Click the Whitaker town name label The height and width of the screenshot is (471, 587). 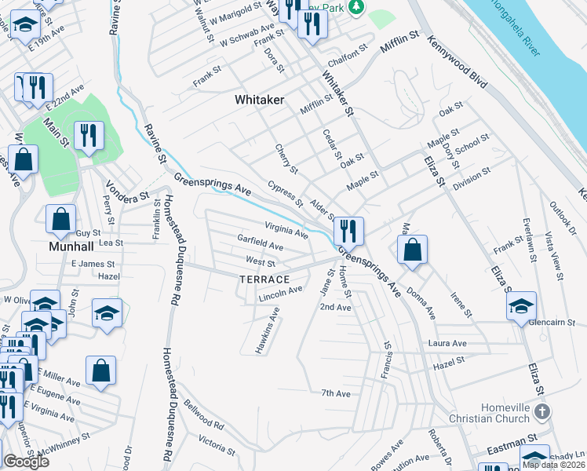pyautogui.click(x=260, y=100)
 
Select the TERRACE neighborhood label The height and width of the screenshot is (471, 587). pyautogui.click(x=264, y=279)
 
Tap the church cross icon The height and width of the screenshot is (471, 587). pyautogui.click(x=541, y=412)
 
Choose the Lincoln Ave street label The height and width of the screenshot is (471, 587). pyautogui.click(x=281, y=292)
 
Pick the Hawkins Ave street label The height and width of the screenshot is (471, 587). pyautogui.click(x=267, y=330)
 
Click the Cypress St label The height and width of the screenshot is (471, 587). pyautogui.click(x=286, y=193)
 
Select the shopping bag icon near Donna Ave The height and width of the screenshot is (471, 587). pyautogui.click(x=412, y=250)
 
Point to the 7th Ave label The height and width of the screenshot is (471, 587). pyautogui.click(x=335, y=393)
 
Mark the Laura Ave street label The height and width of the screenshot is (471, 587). pyautogui.click(x=448, y=344)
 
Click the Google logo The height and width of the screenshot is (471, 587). pyautogui.click(x=27, y=462)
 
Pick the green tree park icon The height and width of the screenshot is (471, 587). pyautogui.click(x=357, y=6)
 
